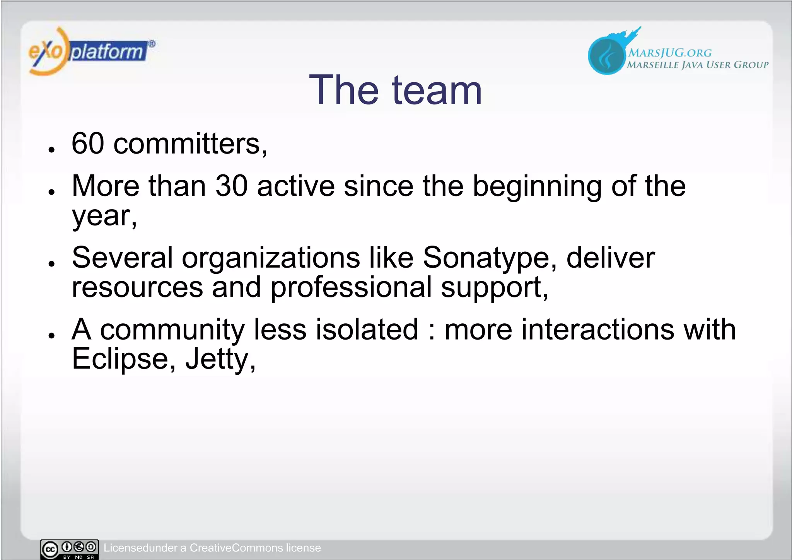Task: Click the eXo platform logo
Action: [x=91, y=51]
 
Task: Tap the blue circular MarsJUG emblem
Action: [x=606, y=55]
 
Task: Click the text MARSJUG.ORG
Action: [x=669, y=53]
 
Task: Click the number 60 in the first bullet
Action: [x=88, y=143]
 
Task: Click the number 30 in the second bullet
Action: [x=231, y=186]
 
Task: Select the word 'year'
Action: [x=102, y=217]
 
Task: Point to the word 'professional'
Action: [x=351, y=288]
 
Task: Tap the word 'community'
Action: [x=172, y=330]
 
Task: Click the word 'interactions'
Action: [x=597, y=329]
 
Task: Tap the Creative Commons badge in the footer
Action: [x=70, y=549]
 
